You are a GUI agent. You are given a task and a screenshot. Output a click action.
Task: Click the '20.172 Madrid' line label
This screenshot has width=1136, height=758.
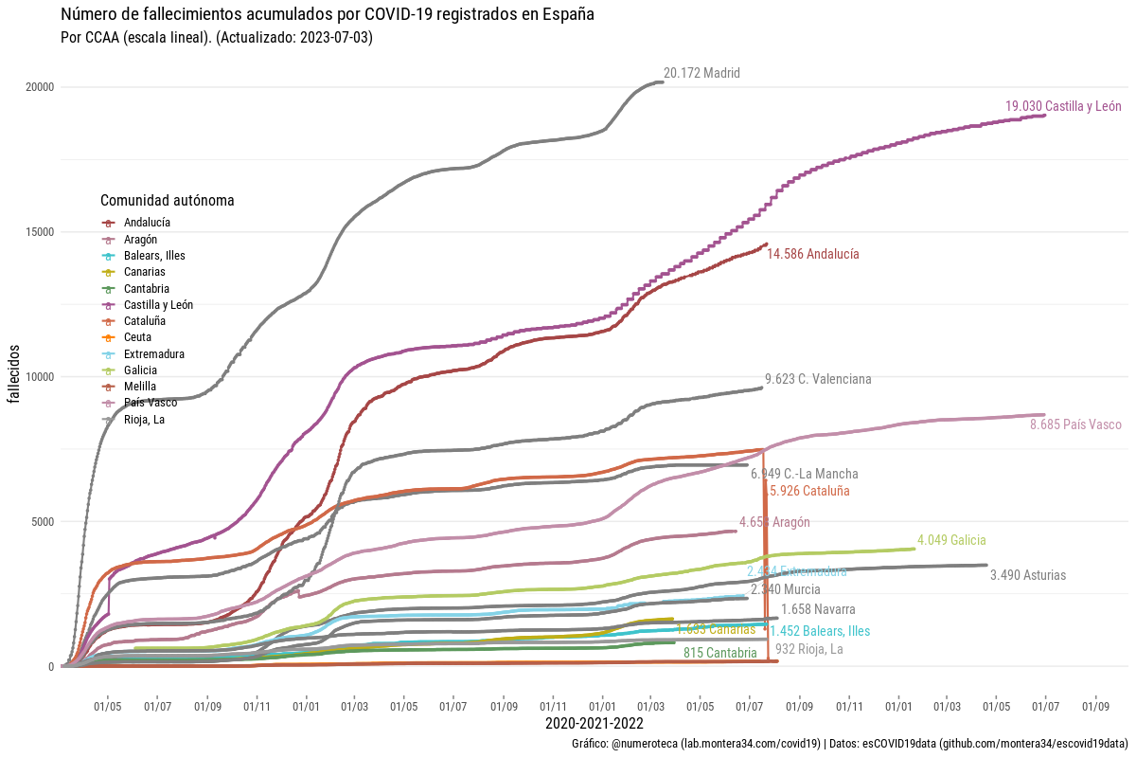pyautogui.click(x=701, y=73)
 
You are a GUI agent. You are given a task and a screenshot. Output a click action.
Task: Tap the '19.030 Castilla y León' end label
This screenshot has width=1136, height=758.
pyautogui.click(x=1063, y=106)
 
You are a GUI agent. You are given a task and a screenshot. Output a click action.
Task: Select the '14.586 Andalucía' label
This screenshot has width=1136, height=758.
pyautogui.click(x=813, y=254)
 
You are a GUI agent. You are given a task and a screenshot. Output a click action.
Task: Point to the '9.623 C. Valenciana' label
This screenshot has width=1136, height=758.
pyautogui.click(x=818, y=379)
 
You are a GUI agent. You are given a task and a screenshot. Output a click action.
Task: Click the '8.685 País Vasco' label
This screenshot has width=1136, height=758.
pyautogui.click(x=1074, y=424)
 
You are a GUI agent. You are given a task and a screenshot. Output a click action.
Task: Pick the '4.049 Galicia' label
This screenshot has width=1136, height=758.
pyautogui.click(x=951, y=540)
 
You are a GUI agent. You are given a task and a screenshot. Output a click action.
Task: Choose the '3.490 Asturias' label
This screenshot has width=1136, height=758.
pyautogui.click(x=1027, y=575)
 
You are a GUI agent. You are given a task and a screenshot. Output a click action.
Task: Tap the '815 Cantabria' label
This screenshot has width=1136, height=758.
pyautogui.click(x=719, y=653)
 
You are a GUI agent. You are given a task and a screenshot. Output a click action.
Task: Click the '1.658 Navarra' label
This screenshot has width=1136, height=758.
pyautogui.click(x=818, y=609)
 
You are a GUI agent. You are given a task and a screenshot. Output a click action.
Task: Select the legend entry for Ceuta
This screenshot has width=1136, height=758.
pyautogui.click(x=137, y=337)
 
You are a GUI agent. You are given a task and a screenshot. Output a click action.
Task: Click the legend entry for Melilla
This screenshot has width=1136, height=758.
pyautogui.click(x=140, y=387)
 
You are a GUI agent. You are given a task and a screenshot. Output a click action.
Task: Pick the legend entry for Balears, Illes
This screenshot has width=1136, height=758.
pyautogui.click(x=154, y=256)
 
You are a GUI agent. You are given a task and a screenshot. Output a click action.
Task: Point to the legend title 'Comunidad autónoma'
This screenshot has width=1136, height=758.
pyautogui.click(x=168, y=201)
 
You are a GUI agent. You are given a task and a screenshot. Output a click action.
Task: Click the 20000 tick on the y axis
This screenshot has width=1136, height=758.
pyautogui.click(x=40, y=87)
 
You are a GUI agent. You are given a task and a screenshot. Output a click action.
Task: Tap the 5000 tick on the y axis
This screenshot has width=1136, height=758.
pyautogui.click(x=43, y=521)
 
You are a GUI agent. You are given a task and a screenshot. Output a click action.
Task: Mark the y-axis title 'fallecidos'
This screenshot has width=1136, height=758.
pyautogui.click(x=15, y=377)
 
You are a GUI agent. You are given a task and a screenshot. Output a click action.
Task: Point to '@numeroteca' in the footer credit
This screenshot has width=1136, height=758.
pyautogui.click(x=645, y=745)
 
